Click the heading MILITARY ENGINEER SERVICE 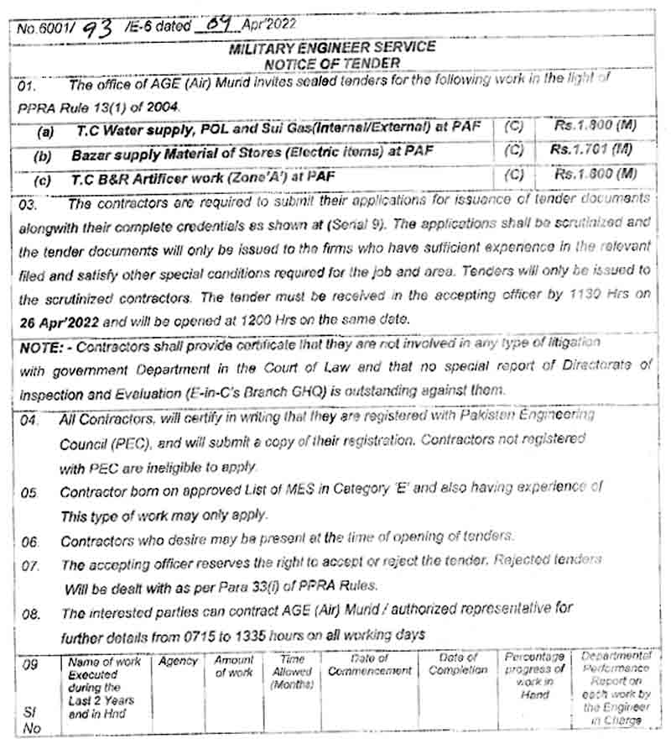tap(332, 48)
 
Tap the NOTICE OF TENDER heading tap(332, 63)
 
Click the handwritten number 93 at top tap(97, 30)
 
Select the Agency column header tap(178, 662)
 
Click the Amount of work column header tap(234, 667)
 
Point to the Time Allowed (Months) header tap(291, 673)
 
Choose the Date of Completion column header tap(457, 664)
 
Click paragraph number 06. tap(30, 542)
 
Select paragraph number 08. tap(31, 614)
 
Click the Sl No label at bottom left tap(31, 720)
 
